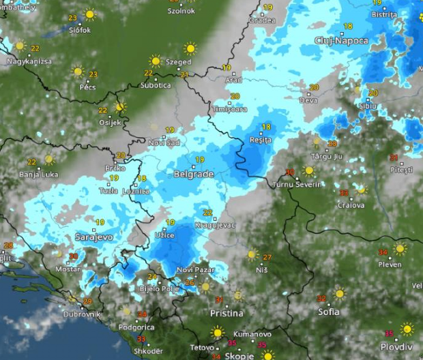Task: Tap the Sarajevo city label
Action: [93, 237]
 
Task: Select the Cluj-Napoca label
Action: [341, 41]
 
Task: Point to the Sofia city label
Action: [329, 312]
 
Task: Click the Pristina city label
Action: [227, 313]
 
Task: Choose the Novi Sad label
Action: [164, 142]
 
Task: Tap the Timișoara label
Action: [229, 109]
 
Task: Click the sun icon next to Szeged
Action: [190, 48]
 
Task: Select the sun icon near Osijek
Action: [121, 107]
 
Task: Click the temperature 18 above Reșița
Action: [266, 127]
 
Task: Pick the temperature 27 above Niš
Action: [267, 257]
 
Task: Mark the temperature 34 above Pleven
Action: [383, 252]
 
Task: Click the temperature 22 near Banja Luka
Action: [31, 162]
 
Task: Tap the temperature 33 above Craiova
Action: [343, 193]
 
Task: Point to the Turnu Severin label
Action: [295, 185]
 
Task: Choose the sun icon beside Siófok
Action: [89, 14]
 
